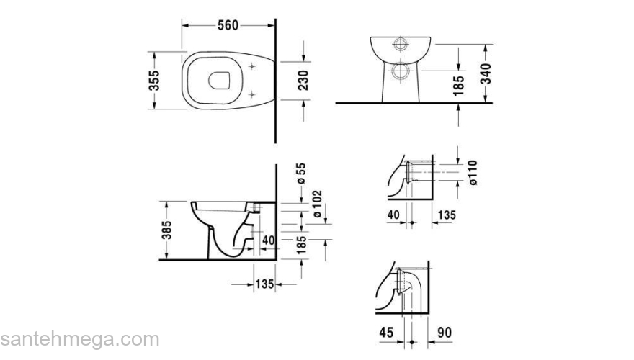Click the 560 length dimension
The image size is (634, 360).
(x=228, y=25)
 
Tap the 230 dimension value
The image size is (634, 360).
(x=303, y=80)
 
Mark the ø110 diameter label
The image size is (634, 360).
(x=473, y=172)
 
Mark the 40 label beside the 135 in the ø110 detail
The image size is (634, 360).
(x=393, y=214)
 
